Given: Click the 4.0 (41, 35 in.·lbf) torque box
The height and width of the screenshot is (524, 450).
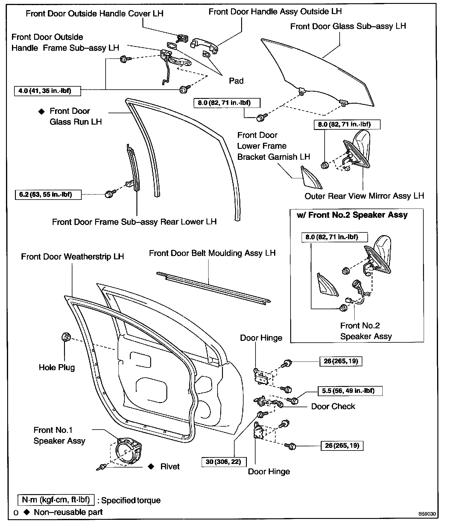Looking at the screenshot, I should coord(47,91).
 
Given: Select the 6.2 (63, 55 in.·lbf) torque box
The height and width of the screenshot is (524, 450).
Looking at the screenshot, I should coord(48,195).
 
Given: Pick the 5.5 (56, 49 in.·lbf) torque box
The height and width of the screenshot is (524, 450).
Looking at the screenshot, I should coord(350,391).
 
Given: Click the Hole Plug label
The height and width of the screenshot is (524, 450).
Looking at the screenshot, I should coord(57,367).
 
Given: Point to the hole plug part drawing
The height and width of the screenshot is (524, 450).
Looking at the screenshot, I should coord(66,337).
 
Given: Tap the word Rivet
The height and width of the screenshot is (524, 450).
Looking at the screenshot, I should coord(170,467).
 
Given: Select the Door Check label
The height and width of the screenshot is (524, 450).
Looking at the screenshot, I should coord(333,406).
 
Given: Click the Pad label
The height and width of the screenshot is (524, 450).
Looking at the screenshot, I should coord(236,81).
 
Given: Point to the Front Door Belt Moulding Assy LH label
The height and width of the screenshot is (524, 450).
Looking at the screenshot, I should coord(212,253).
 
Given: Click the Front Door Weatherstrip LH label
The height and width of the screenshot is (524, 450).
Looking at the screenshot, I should coord(72,257).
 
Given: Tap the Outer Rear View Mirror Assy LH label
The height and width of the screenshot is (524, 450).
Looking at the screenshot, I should coord(364,196).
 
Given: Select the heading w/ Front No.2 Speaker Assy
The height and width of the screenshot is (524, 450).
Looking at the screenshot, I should coord(352,215).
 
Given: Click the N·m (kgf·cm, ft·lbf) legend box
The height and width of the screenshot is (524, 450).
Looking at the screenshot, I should coord(56,500).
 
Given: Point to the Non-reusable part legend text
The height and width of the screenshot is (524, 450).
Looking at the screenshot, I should coord(68,512).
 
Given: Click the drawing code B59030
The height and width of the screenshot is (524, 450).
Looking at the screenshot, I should coord(427,514).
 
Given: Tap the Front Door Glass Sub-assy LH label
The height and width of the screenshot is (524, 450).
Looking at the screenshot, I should coord(348,26).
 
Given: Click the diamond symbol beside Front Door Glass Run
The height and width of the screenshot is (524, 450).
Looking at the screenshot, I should coord(41,111).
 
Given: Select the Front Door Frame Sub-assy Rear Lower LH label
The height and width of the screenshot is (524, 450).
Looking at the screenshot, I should coord(134,222).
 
